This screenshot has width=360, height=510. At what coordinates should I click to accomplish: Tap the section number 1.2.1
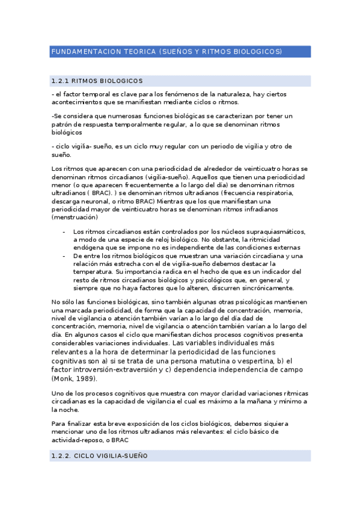[63, 81]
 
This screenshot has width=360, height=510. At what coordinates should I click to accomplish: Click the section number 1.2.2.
[64, 456]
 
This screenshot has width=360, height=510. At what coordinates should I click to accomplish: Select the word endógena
[87, 247]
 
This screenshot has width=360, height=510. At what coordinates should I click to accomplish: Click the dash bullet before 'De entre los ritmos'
[64, 256]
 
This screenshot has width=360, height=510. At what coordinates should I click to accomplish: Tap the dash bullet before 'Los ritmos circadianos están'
[64, 232]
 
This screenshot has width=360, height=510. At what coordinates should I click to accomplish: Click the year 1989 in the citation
[85, 379]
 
